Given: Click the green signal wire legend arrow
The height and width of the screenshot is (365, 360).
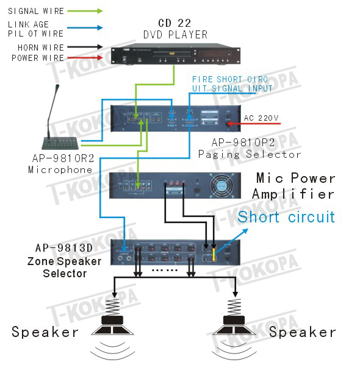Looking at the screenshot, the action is [x=85, y=11].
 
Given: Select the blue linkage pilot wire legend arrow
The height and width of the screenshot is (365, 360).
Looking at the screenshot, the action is [x=85, y=27].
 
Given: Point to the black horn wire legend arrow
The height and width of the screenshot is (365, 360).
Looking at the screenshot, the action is [x=85, y=47].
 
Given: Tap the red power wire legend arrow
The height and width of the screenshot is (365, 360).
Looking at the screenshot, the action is [x=85, y=57].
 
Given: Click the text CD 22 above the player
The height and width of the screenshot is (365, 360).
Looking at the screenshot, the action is [x=175, y=23].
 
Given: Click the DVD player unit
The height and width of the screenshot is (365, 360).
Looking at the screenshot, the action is [x=176, y=54].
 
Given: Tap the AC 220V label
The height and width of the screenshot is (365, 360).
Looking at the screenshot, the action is [x=261, y=118].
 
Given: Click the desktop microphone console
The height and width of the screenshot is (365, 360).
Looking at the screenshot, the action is [x=60, y=117].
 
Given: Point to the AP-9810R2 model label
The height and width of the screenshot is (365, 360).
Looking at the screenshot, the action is [x=63, y=158].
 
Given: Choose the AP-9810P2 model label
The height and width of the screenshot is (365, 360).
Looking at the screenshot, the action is [x=243, y=143].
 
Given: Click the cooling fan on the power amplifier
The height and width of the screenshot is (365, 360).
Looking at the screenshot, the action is [x=222, y=185].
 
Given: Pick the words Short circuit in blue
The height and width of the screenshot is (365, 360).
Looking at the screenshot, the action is [x=286, y=217].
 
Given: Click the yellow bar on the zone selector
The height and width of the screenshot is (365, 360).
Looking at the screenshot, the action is [x=214, y=254].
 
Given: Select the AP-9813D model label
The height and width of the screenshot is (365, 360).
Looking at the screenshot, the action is [x=64, y=248].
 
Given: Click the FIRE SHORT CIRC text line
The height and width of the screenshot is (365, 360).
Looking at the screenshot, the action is [x=230, y=79].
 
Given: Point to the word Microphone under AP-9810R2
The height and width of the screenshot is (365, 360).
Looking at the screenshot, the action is [x=60, y=169].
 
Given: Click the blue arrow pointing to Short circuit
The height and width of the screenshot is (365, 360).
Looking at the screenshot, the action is [x=232, y=241].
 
